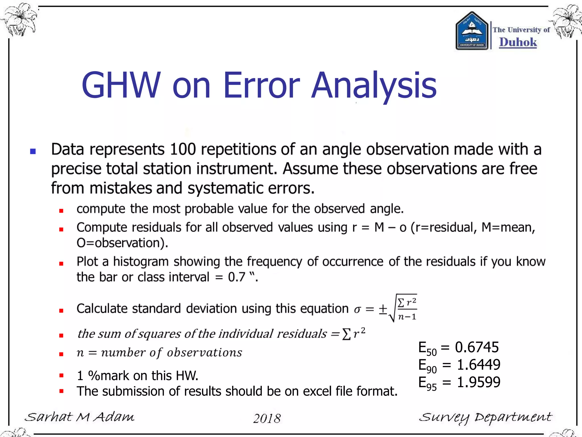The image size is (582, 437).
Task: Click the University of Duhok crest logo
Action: pyautogui.click(x=472, y=31)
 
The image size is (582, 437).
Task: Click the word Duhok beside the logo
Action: pyautogui.click(x=518, y=42)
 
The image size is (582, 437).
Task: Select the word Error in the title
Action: pyautogui.click(x=261, y=85)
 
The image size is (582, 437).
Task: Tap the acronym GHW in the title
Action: pyautogui.click(x=121, y=85)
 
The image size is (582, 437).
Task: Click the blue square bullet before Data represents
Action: pyautogui.click(x=33, y=151)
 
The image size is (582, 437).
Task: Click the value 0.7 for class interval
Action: pyautogui.click(x=236, y=277)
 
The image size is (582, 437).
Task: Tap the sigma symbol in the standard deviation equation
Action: pyautogui.click(x=357, y=310)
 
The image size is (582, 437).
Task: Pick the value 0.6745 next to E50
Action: pyautogui.click(x=477, y=347)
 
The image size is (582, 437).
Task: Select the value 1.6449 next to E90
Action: pyautogui.click(x=479, y=365)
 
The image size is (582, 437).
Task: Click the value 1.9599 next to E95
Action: pyautogui.click(x=479, y=382)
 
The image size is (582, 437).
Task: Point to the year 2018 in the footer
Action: pyautogui.click(x=267, y=418)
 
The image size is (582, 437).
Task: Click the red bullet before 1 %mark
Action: pyautogui.click(x=61, y=376)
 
